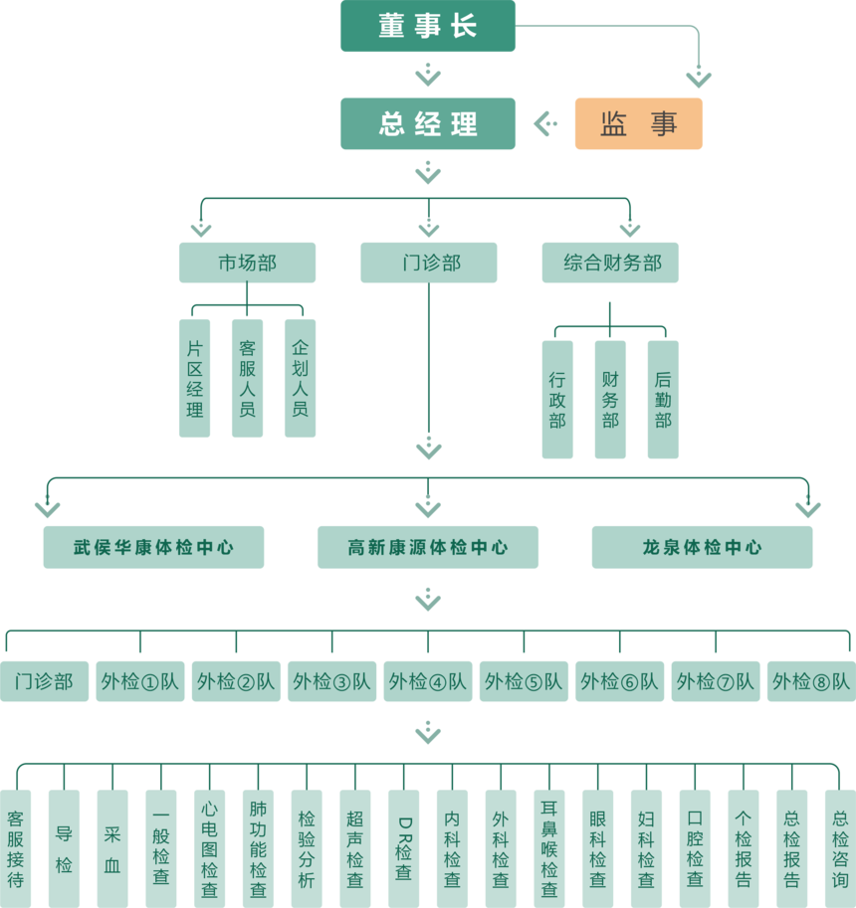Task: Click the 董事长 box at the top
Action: click(428, 26)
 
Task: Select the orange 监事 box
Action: click(638, 123)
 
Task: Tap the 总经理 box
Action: click(428, 123)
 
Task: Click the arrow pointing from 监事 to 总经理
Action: click(544, 123)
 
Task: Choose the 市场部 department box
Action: click(247, 263)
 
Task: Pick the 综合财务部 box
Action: click(610, 263)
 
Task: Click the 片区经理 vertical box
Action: click(194, 378)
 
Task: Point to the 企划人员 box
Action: click(300, 378)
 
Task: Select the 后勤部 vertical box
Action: click(663, 399)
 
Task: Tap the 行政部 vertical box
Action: click(557, 399)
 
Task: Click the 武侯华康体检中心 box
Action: click(153, 547)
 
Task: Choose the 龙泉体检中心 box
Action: click(702, 547)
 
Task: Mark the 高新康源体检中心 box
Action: click(428, 547)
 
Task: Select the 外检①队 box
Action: click(140, 681)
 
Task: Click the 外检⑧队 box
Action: click(811, 681)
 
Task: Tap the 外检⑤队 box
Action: click(524, 681)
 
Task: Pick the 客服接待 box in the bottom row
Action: click(15, 848)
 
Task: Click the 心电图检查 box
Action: click(209, 848)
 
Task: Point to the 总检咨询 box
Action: click(840, 848)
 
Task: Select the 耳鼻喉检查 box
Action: click(548, 848)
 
